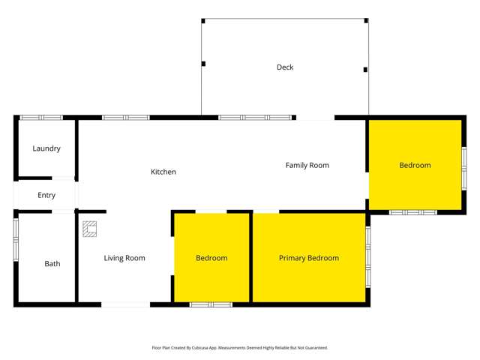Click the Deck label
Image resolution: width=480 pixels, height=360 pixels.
tap(285, 67)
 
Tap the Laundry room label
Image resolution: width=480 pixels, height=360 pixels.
tap(46, 148)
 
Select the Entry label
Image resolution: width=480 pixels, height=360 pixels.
tap(46, 196)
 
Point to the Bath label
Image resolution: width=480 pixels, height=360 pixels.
tap(52, 264)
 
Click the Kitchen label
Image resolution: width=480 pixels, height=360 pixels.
tap(163, 172)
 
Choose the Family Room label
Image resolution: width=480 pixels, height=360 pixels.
tap(307, 165)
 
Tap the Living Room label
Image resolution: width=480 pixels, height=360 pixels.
tap(124, 258)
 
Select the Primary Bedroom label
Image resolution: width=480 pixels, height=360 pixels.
tap(309, 258)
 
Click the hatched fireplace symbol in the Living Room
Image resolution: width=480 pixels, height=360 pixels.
tap(90, 228)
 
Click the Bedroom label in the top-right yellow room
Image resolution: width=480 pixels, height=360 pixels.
tap(415, 165)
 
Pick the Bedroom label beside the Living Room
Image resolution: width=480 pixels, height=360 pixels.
tap(211, 258)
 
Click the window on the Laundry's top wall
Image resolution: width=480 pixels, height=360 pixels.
tap(41, 118)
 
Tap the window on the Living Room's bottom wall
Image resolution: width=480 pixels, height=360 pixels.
tap(125, 304)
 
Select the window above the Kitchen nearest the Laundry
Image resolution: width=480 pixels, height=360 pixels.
tap(126, 118)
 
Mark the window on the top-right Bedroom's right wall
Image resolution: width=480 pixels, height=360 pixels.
tap(464, 166)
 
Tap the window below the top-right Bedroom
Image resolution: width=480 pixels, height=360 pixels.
tap(413, 212)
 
